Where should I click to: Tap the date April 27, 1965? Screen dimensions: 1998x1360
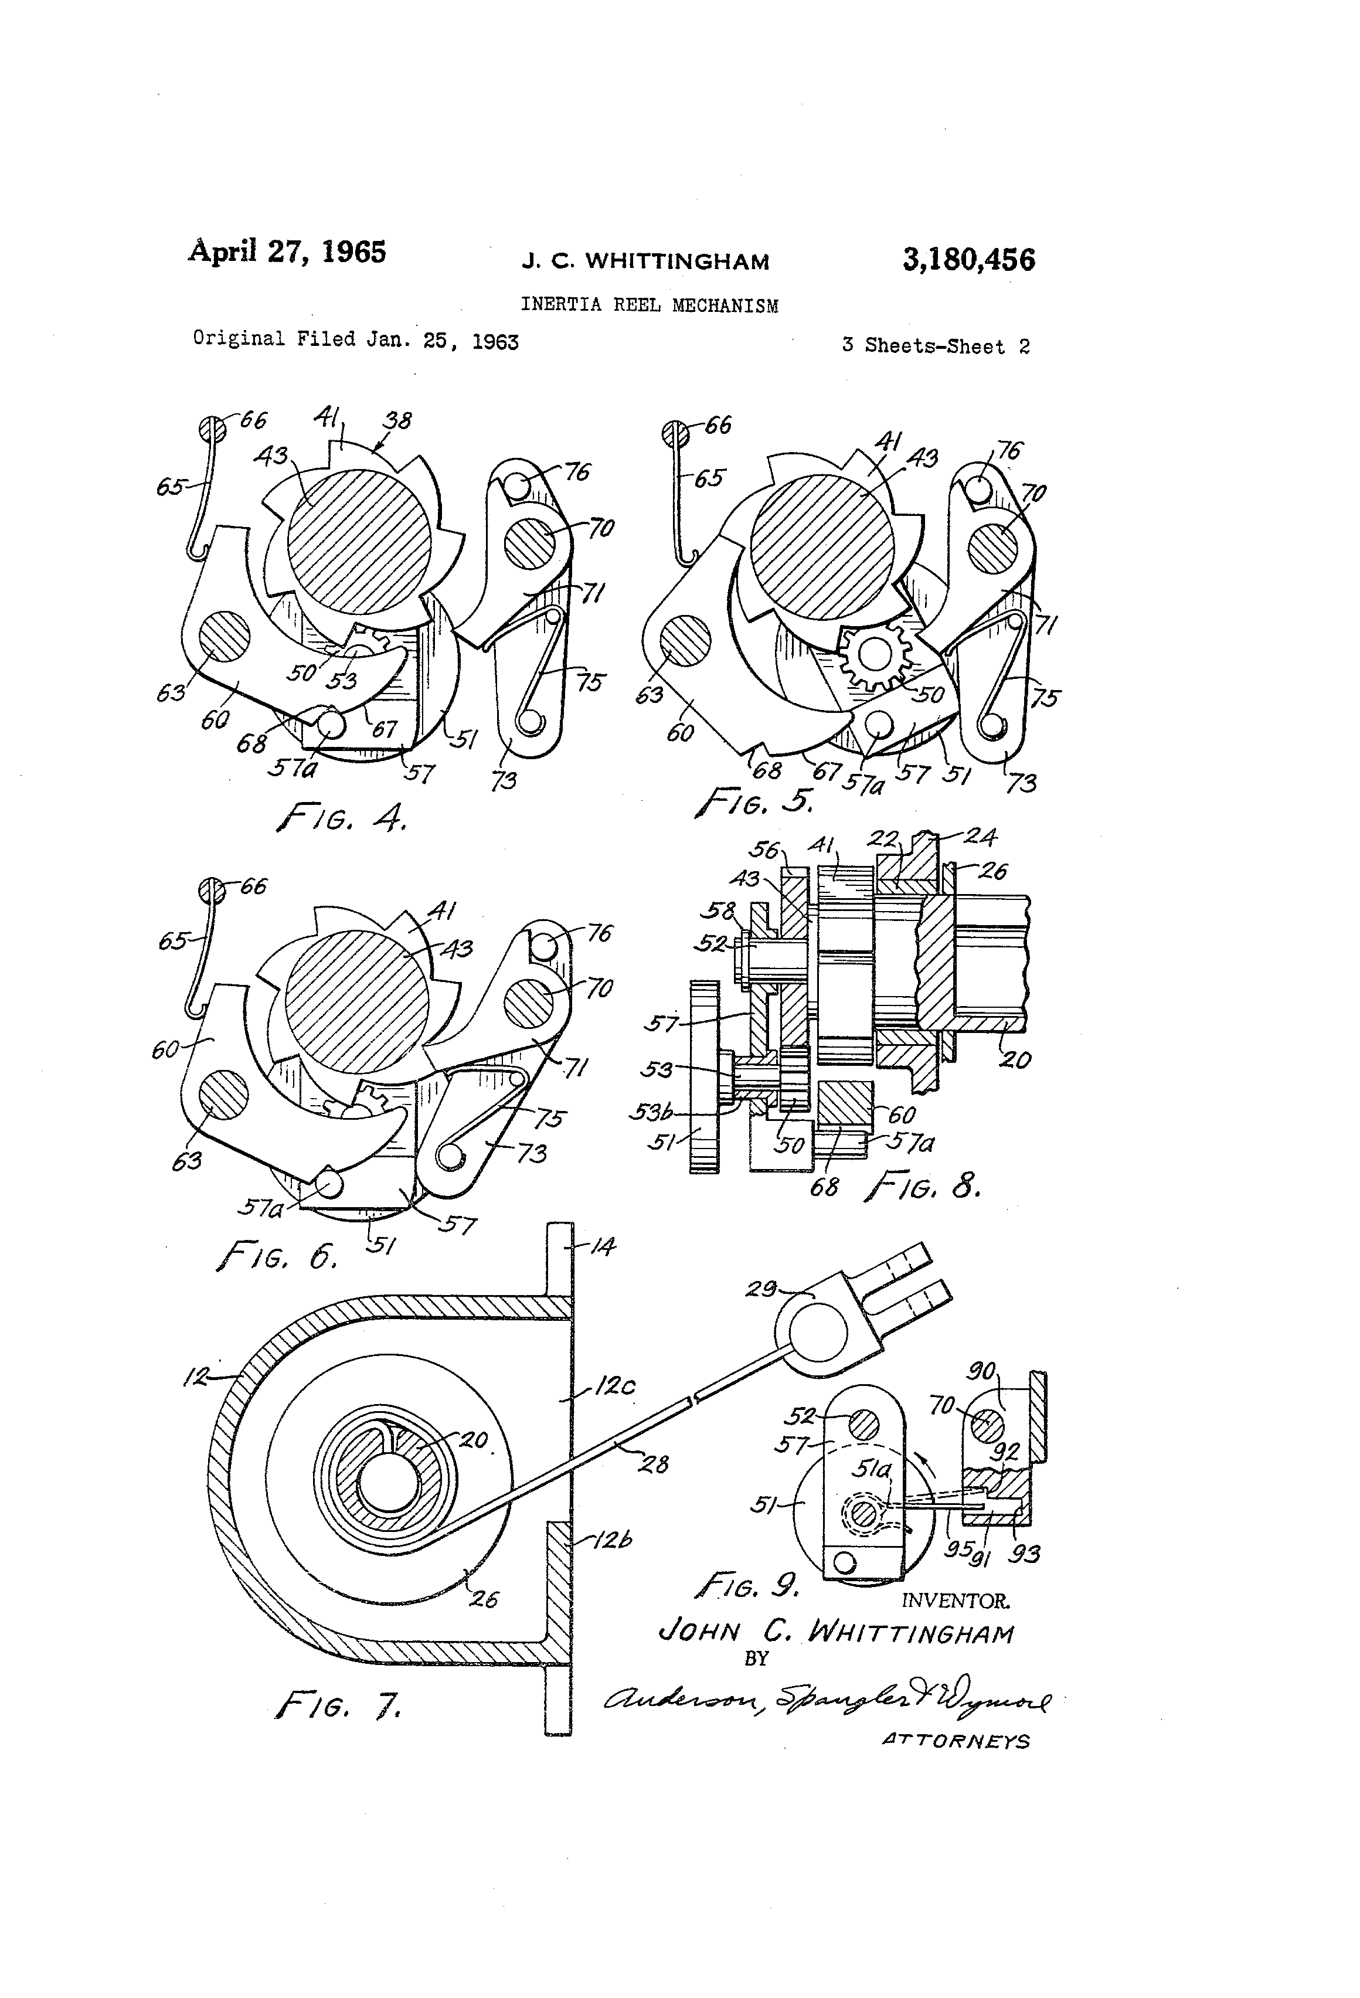pos(287,252)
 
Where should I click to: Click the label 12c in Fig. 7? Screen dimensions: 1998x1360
pos(614,1386)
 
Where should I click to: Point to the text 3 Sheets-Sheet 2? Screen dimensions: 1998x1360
pos(936,346)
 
